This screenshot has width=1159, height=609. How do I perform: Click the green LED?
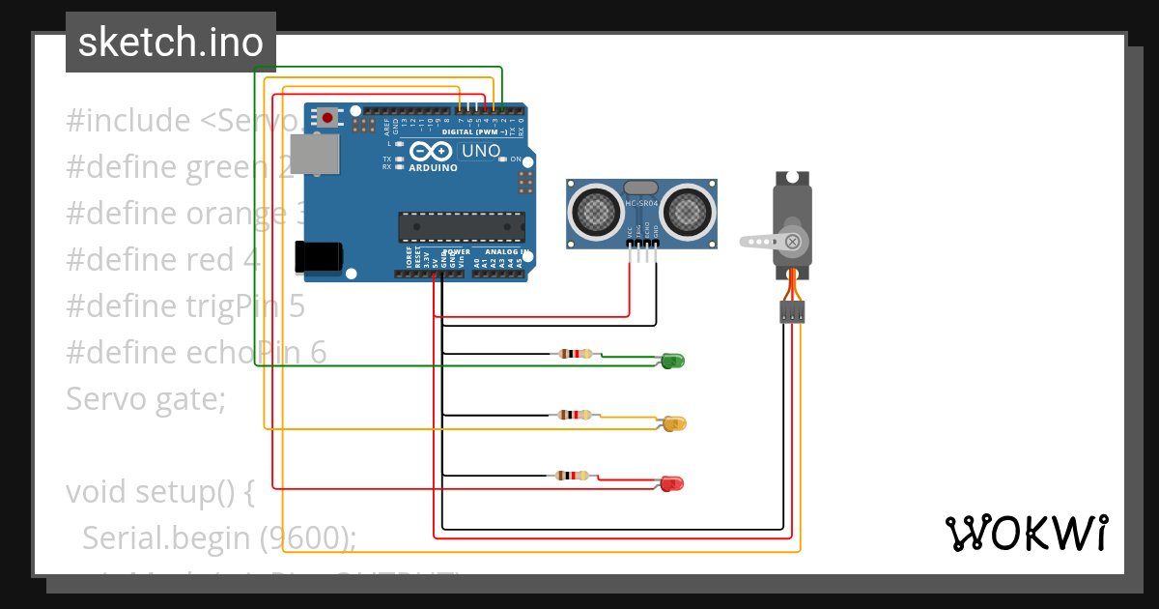[673, 361]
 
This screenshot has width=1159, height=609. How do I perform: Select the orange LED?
[674, 422]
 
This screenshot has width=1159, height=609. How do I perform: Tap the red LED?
[672, 482]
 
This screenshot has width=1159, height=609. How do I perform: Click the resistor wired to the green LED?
[574, 354]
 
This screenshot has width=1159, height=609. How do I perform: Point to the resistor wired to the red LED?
[573, 475]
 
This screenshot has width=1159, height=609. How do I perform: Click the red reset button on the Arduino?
[328, 118]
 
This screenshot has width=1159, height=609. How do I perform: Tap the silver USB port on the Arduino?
[317, 155]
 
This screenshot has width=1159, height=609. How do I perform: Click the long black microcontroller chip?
[462, 227]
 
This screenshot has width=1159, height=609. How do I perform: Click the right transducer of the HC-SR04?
[687, 210]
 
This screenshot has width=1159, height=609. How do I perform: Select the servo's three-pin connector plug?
[793, 312]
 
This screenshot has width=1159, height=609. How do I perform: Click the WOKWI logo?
[1026, 533]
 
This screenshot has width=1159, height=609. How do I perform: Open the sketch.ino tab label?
[170, 43]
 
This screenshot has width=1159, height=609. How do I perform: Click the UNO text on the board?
[480, 151]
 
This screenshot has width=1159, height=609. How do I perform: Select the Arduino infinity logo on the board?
[431, 152]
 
